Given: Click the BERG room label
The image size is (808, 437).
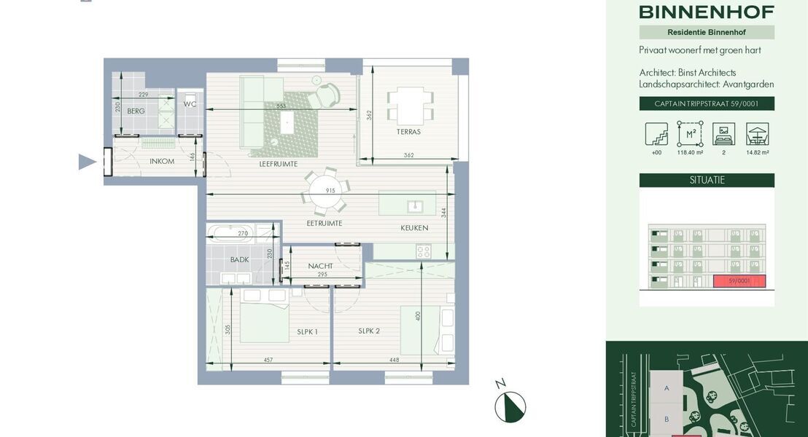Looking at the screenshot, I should coord(136,111).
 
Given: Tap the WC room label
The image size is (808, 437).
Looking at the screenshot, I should coord(190,104).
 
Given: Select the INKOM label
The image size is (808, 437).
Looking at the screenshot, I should coord(162,161).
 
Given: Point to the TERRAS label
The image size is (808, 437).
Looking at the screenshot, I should coord(408,132).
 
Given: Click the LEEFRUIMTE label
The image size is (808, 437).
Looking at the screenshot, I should coord(278,164).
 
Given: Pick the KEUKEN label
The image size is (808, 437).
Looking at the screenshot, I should coord(414,228).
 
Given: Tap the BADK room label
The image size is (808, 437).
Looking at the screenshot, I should coord(239,259).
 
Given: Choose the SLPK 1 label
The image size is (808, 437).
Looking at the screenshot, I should coord(307,331).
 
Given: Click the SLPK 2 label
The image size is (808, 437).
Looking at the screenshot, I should coord(368,331).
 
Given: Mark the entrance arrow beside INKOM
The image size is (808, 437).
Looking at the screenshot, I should coord(87,162).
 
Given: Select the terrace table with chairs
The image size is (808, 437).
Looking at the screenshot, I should coord(410,105).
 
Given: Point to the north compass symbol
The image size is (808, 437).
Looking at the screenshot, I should coord(510,406).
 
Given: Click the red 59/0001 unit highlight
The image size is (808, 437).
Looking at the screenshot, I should coord(739,281).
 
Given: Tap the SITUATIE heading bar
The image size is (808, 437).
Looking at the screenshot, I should coord(707,180).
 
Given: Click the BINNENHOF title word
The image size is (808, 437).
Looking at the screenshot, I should coord(707,12).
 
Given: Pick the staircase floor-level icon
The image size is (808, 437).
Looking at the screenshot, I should coord(656,134).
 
